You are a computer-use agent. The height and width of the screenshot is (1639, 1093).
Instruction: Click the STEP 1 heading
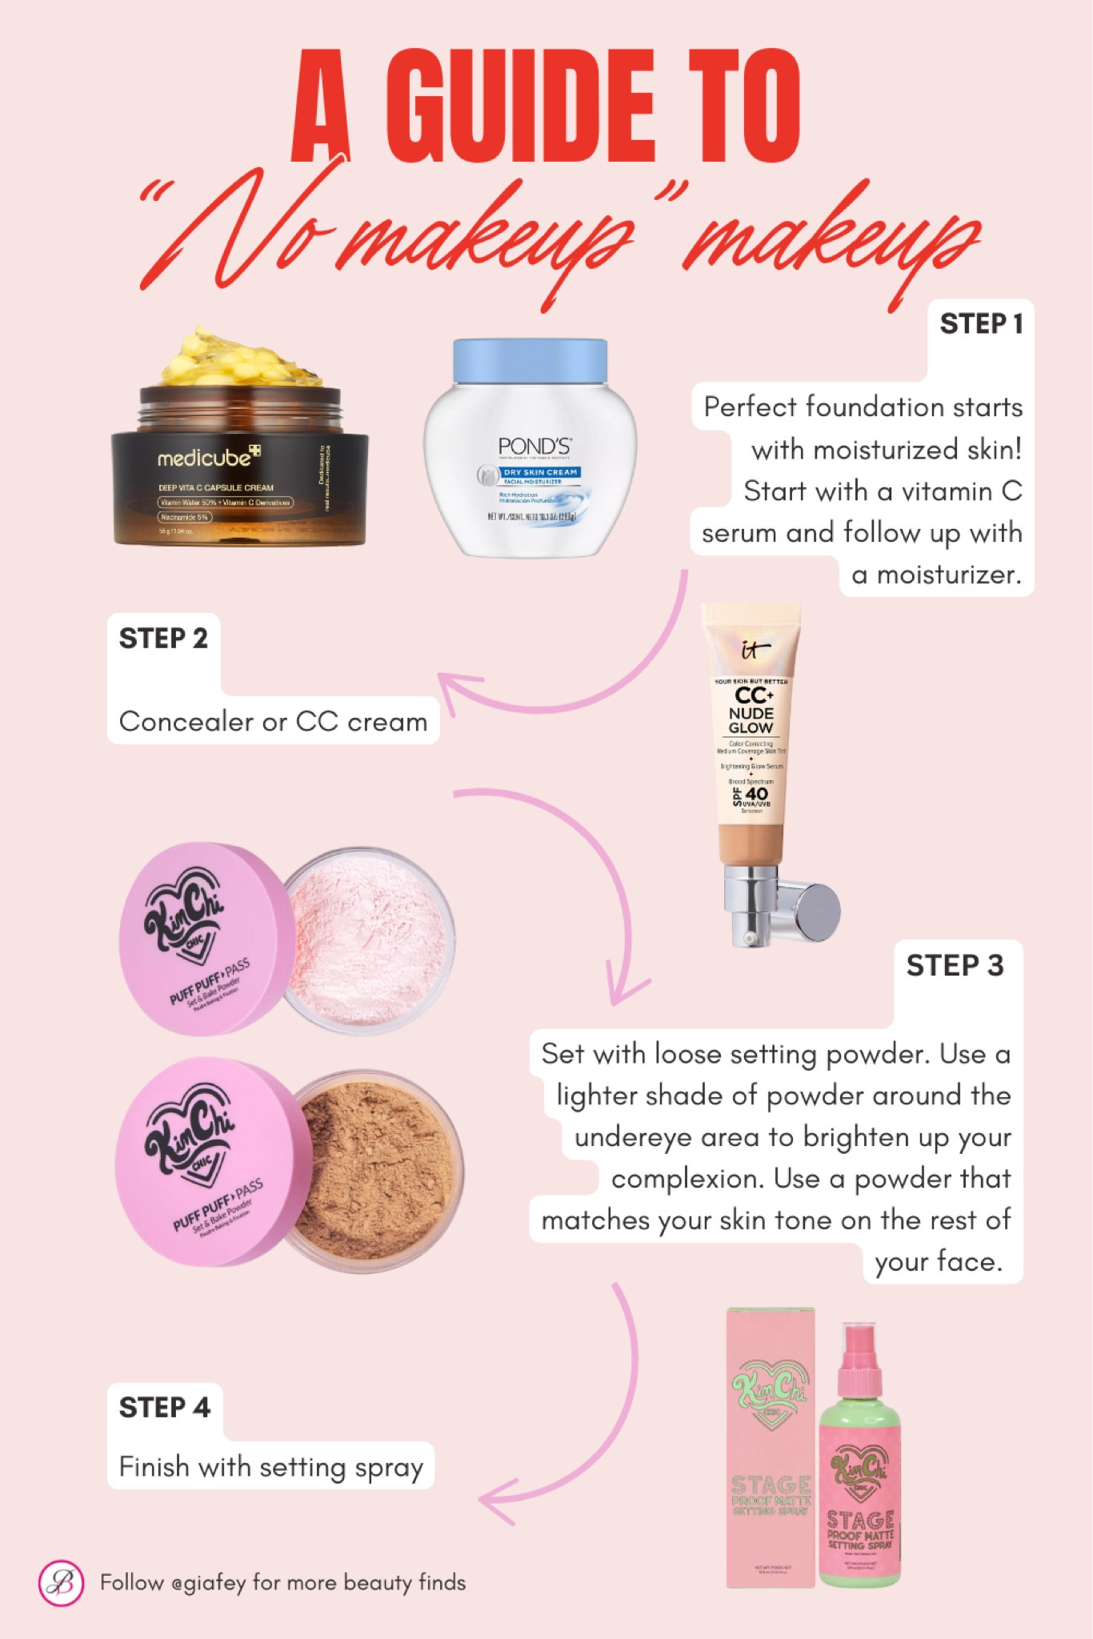981,324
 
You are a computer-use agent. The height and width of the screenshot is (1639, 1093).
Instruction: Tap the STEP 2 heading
163,639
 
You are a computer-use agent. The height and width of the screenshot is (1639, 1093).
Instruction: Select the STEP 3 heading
954,966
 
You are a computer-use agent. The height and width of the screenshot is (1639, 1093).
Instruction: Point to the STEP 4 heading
164,1408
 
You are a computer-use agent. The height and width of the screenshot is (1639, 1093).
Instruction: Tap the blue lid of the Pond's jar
530,360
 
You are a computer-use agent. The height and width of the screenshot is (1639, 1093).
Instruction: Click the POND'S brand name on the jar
534,447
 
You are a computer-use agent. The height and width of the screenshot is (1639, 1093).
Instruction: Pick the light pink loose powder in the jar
368,940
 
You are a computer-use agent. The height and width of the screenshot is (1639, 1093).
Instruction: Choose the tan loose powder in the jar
376,1168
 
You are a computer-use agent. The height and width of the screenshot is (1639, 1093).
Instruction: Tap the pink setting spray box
770,1449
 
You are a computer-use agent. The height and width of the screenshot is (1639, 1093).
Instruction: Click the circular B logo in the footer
62,1583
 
